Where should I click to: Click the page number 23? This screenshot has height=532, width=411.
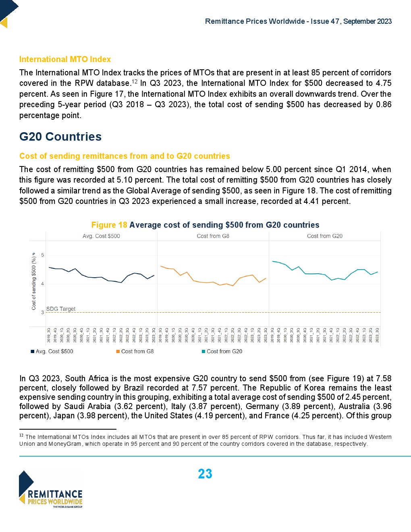[x=205, y=474]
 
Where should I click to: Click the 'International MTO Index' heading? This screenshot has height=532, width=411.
[x=65, y=59]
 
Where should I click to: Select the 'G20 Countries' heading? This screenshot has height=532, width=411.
[x=60, y=137]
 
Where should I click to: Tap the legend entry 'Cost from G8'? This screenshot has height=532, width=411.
[x=137, y=351]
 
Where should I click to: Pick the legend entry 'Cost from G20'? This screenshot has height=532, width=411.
[x=224, y=351]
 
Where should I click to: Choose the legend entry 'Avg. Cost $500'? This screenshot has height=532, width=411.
[x=54, y=351]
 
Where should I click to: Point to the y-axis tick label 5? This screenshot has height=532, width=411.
[x=42, y=255]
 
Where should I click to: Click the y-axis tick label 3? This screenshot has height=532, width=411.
[x=42, y=312]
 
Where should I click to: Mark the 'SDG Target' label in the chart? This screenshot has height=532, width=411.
[x=61, y=309]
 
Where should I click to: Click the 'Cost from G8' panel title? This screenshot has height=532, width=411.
[x=213, y=236]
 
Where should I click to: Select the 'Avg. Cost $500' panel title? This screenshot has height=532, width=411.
[x=101, y=236]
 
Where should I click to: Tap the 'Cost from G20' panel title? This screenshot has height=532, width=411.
[x=324, y=236]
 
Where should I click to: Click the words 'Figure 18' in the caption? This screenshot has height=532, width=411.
[x=109, y=225]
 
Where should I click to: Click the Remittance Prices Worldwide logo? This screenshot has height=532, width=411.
[x=51, y=489]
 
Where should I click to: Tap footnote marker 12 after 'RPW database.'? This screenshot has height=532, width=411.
[x=135, y=81]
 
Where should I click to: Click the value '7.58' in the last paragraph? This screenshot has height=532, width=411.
[x=383, y=378]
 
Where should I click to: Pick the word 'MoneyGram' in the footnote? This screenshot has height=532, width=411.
[x=66, y=444]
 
